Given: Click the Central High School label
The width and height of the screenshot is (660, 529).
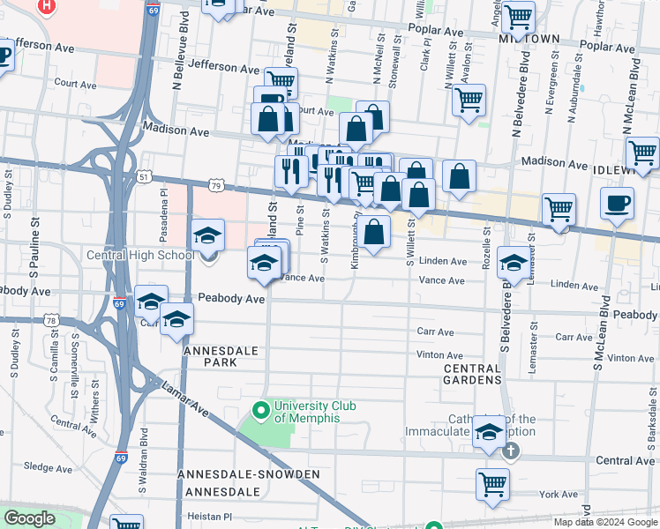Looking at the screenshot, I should (139, 256).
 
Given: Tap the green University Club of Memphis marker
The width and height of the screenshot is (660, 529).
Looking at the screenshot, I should (260, 410).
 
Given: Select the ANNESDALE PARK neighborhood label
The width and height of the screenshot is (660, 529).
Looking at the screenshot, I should (221, 357).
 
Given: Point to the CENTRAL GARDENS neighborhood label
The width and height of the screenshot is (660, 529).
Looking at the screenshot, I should (473, 373).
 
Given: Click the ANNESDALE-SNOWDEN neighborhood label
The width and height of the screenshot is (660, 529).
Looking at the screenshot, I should (236, 474).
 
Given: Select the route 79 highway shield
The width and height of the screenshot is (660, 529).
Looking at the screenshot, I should (216, 185).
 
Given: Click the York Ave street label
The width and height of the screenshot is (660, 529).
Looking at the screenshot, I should (558, 495).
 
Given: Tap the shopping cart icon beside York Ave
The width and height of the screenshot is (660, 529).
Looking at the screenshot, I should (492, 483).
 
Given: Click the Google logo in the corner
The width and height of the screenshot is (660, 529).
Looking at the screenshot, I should (29, 518).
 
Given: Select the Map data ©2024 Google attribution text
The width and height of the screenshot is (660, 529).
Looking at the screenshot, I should (604, 522).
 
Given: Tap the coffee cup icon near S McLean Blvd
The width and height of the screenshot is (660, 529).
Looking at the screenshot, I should (617, 204).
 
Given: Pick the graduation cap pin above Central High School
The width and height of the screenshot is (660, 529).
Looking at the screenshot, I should (208, 235).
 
